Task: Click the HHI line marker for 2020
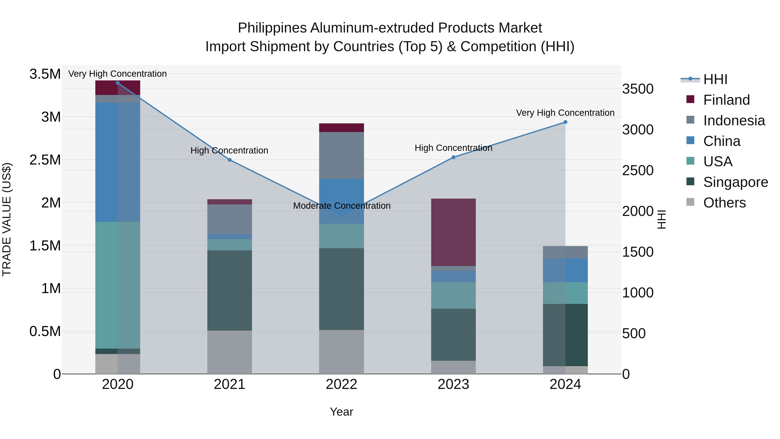pyautogui.click(x=118, y=83)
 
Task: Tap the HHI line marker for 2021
pyautogui.click(x=229, y=160)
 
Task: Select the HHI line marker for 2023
pyautogui.click(x=453, y=157)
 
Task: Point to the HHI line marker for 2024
pyautogui.click(x=565, y=122)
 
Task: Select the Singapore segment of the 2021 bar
pyautogui.click(x=229, y=290)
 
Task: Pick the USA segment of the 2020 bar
pyautogui.click(x=118, y=285)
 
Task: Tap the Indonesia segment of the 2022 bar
pyautogui.click(x=341, y=155)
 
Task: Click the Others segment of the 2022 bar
pyautogui.click(x=341, y=352)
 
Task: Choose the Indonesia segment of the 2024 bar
pyautogui.click(x=565, y=252)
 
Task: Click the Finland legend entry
pyautogui.click(x=726, y=100)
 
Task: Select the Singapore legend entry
pyautogui.click(x=735, y=182)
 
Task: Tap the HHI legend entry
pyautogui.click(x=715, y=79)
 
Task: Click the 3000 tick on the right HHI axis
pyautogui.click(x=638, y=130)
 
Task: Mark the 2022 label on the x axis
pyautogui.click(x=341, y=384)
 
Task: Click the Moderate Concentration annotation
pyautogui.click(x=341, y=206)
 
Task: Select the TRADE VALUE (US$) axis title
pyautogui.click(x=7, y=219)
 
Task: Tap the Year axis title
pyautogui.click(x=341, y=412)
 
